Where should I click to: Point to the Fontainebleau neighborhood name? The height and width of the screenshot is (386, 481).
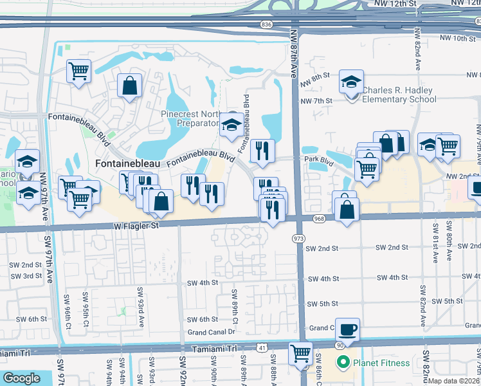tap(123, 164)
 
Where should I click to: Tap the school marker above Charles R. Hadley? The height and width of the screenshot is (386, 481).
tap(351, 82)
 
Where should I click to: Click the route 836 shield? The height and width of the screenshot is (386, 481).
tap(266, 24)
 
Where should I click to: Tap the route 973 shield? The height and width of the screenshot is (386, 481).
tap(298, 239)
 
